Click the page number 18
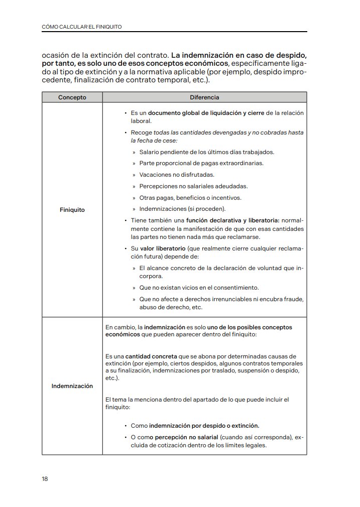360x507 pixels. point(45,479)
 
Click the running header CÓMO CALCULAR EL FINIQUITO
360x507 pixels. point(82,26)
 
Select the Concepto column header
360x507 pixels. point(72,97)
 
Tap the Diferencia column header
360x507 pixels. point(204,97)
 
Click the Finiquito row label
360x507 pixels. point(72,209)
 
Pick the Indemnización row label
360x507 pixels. point(72,386)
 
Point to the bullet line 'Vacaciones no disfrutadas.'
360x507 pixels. point(177,175)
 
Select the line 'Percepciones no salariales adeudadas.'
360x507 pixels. point(193,186)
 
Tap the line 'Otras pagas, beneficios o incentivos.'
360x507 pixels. point(190,197)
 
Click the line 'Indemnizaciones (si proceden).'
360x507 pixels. point(183,209)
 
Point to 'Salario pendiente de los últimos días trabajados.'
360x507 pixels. point(207,152)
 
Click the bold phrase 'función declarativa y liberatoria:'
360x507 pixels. point(232,220)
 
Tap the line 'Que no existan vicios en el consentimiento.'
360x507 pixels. point(199,288)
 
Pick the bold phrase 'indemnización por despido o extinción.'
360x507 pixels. point(204,425)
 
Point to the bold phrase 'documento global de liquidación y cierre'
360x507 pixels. point(206,113)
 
